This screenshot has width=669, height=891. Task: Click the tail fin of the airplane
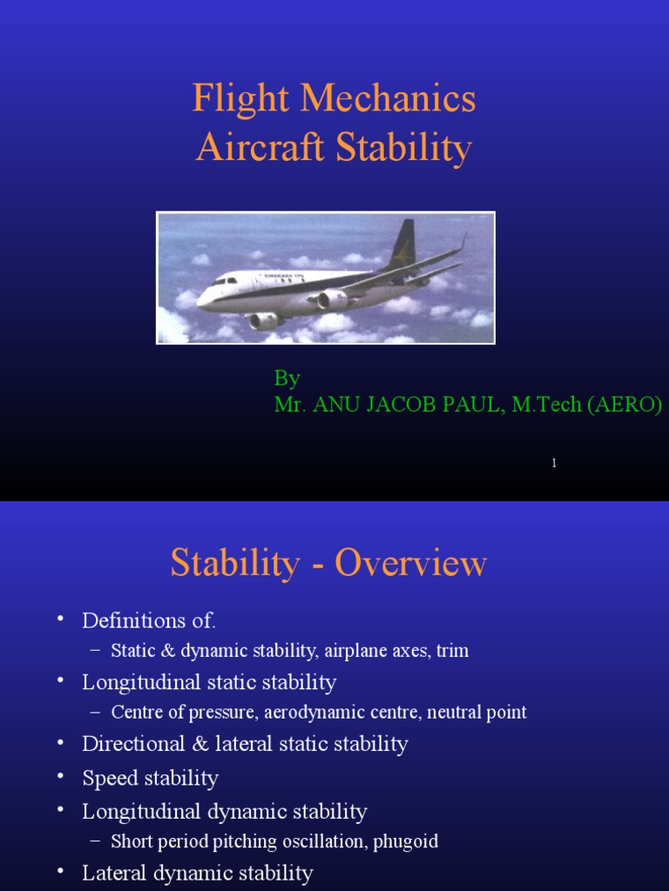pyautogui.click(x=402, y=244)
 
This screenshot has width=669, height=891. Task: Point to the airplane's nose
pyautogui.click(x=200, y=301)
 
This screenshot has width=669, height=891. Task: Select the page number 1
pyautogui.click(x=554, y=463)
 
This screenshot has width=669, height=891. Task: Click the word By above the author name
pyautogui.click(x=287, y=379)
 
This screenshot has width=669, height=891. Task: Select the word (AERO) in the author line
pyautogui.click(x=625, y=405)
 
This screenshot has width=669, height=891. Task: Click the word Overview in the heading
pyautogui.click(x=410, y=564)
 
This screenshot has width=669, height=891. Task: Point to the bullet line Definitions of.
pyautogui.click(x=149, y=620)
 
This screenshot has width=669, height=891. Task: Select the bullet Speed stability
pyautogui.click(x=150, y=778)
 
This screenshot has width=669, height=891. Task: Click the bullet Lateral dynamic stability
pyautogui.click(x=197, y=873)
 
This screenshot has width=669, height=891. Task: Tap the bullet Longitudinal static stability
pyautogui.click(x=209, y=682)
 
